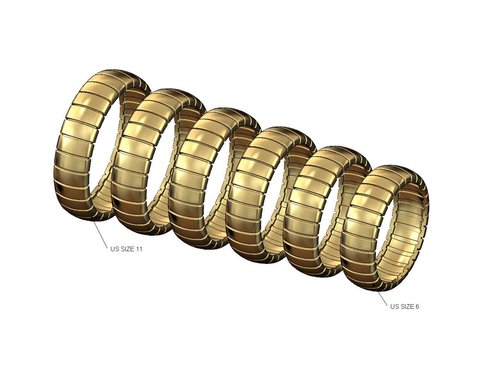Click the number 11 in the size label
(x=138, y=249)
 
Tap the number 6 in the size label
(x=417, y=306)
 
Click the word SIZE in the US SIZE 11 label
(x=126, y=249)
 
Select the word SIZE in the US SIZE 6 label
(x=407, y=306)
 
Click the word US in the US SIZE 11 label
(x=114, y=249)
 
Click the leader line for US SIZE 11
(x=100, y=233)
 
